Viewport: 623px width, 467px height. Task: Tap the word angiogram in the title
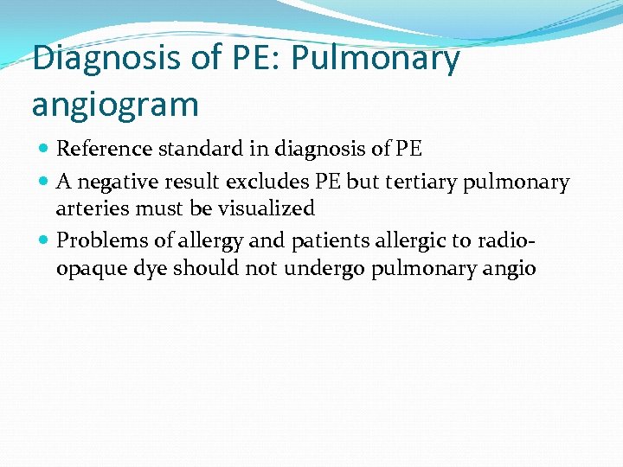tap(115, 105)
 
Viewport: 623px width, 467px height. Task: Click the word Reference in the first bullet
tap(105, 149)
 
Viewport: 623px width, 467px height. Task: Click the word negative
tap(120, 182)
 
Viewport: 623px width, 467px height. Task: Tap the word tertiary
tap(416, 182)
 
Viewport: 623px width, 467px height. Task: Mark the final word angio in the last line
tap(510, 269)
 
